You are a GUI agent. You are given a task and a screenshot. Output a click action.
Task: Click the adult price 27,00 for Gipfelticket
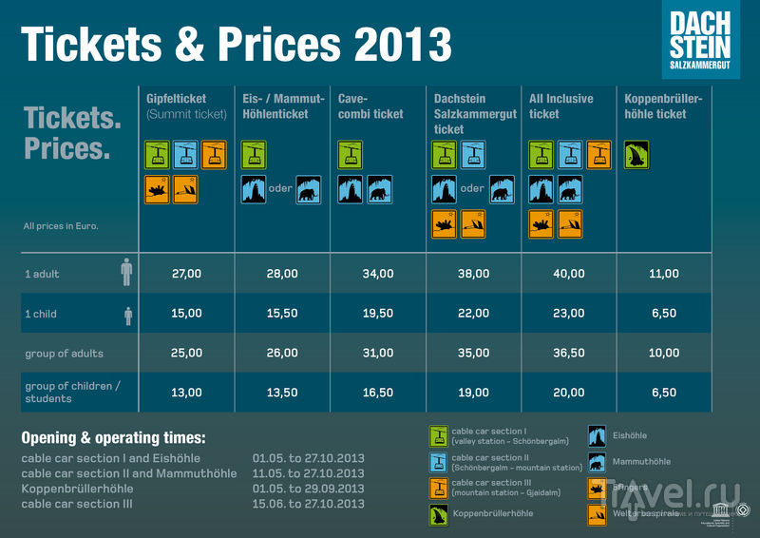(x=187, y=274)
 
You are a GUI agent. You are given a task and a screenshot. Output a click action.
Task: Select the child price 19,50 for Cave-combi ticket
(x=378, y=313)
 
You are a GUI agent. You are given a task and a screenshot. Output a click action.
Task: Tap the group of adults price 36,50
(x=568, y=353)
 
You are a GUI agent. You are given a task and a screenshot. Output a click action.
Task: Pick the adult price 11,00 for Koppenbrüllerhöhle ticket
(x=664, y=274)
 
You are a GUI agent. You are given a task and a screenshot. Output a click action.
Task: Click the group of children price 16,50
(x=378, y=393)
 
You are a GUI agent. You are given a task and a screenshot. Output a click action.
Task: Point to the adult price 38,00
(x=473, y=274)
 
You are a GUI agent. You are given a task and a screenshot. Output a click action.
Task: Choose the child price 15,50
(x=282, y=313)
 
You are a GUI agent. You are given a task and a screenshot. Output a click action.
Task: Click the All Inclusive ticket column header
(x=560, y=106)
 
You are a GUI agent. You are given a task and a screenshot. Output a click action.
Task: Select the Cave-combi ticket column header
(x=370, y=106)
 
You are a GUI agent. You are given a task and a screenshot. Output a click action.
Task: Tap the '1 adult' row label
(x=43, y=274)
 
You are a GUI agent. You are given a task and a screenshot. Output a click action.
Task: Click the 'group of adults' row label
(x=65, y=353)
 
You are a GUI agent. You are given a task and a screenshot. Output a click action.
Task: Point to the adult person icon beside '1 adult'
(x=127, y=273)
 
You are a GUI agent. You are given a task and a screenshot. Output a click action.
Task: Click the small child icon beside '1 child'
(x=127, y=315)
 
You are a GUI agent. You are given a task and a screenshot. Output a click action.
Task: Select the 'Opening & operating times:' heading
(x=113, y=438)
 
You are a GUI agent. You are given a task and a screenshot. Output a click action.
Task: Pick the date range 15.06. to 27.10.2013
(x=309, y=504)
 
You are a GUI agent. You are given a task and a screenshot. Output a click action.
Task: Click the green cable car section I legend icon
(x=439, y=436)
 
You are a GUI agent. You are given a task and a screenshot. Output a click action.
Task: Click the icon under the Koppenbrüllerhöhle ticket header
(x=636, y=155)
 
